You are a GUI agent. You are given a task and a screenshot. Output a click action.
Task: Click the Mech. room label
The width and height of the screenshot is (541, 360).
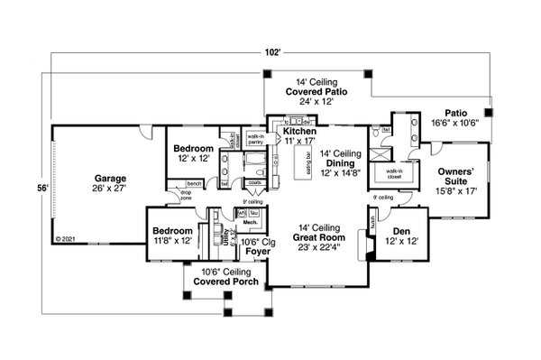tap(250, 221)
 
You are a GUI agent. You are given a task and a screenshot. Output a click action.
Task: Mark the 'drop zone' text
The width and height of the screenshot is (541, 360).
tap(187, 195)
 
